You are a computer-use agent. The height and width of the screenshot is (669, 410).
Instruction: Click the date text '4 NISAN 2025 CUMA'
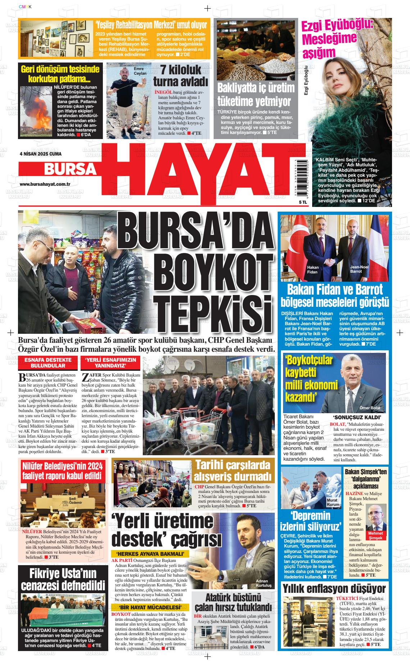click(x=40, y=154)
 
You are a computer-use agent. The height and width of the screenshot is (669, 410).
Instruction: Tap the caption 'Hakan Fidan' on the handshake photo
click(x=313, y=269)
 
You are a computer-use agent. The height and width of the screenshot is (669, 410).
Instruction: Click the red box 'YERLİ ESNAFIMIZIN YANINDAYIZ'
click(x=110, y=363)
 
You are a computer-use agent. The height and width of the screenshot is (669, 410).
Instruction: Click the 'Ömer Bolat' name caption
click(x=370, y=407)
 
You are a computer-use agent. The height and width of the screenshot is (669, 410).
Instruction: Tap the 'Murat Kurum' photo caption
click(x=333, y=503)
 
